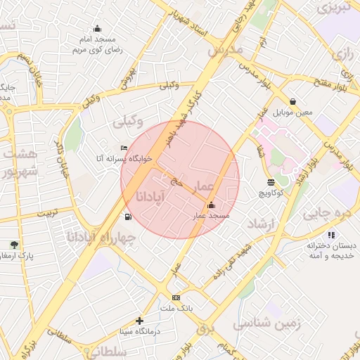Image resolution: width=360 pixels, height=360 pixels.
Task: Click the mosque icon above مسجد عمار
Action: (212, 205)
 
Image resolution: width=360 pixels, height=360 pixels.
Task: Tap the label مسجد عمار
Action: (212, 215)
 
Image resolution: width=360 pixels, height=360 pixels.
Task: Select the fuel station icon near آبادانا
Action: (127, 217)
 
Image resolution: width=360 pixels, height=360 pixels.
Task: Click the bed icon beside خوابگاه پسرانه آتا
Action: (124, 148)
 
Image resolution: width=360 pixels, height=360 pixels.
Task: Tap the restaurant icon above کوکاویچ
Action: (271, 183)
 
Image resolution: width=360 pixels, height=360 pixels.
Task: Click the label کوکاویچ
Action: (271, 193)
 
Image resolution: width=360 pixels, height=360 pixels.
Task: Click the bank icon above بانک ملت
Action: (176, 297)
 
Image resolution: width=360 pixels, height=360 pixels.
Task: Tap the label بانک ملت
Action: (176, 309)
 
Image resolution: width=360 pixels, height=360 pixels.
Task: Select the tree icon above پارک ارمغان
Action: (15, 245)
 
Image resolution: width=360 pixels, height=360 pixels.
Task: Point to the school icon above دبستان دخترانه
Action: (331, 235)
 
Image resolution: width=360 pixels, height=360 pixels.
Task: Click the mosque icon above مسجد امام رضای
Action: (97, 30)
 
